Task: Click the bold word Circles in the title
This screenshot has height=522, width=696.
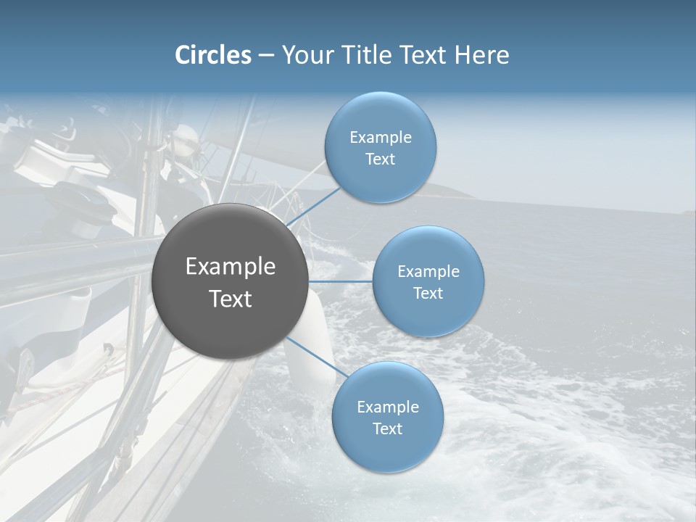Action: (213, 55)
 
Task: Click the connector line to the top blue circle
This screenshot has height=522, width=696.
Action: (313, 206)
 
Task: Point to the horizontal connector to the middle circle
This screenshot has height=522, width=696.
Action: (340, 281)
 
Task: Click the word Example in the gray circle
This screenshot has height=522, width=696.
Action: (230, 267)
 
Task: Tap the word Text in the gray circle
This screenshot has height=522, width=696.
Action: (230, 299)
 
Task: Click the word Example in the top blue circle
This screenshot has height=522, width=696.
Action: (380, 137)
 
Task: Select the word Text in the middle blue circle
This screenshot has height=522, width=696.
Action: (428, 293)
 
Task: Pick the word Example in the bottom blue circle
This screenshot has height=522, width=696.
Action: (387, 407)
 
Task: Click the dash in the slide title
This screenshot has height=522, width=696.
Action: (266, 55)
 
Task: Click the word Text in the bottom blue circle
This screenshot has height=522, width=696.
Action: (387, 428)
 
